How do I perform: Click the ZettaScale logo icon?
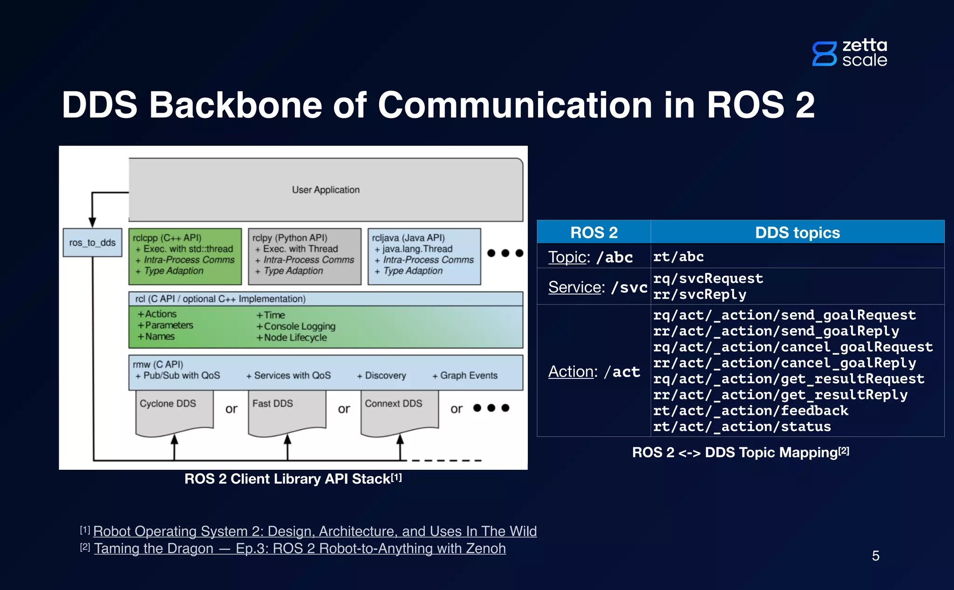[824, 54]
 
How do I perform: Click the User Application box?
[326, 190]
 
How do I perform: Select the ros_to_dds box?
[92, 242]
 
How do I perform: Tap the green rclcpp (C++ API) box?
[185, 256]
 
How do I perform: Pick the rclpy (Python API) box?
[305, 256]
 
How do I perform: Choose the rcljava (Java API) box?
[424, 256]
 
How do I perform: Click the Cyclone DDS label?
[168, 404]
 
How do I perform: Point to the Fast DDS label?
[273, 404]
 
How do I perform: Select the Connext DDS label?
[393, 404]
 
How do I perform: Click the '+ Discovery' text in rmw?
[382, 376]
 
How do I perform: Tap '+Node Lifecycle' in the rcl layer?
[292, 338]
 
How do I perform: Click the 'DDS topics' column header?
[797, 233]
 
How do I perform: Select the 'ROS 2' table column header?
[593, 233]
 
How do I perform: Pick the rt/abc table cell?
[678, 257]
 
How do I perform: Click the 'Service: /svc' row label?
[597, 287]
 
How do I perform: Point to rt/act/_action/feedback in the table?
[750, 411]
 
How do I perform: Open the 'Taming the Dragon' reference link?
[300, 549]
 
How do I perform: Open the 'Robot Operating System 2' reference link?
[315, 531]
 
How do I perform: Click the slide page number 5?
[875, 556]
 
